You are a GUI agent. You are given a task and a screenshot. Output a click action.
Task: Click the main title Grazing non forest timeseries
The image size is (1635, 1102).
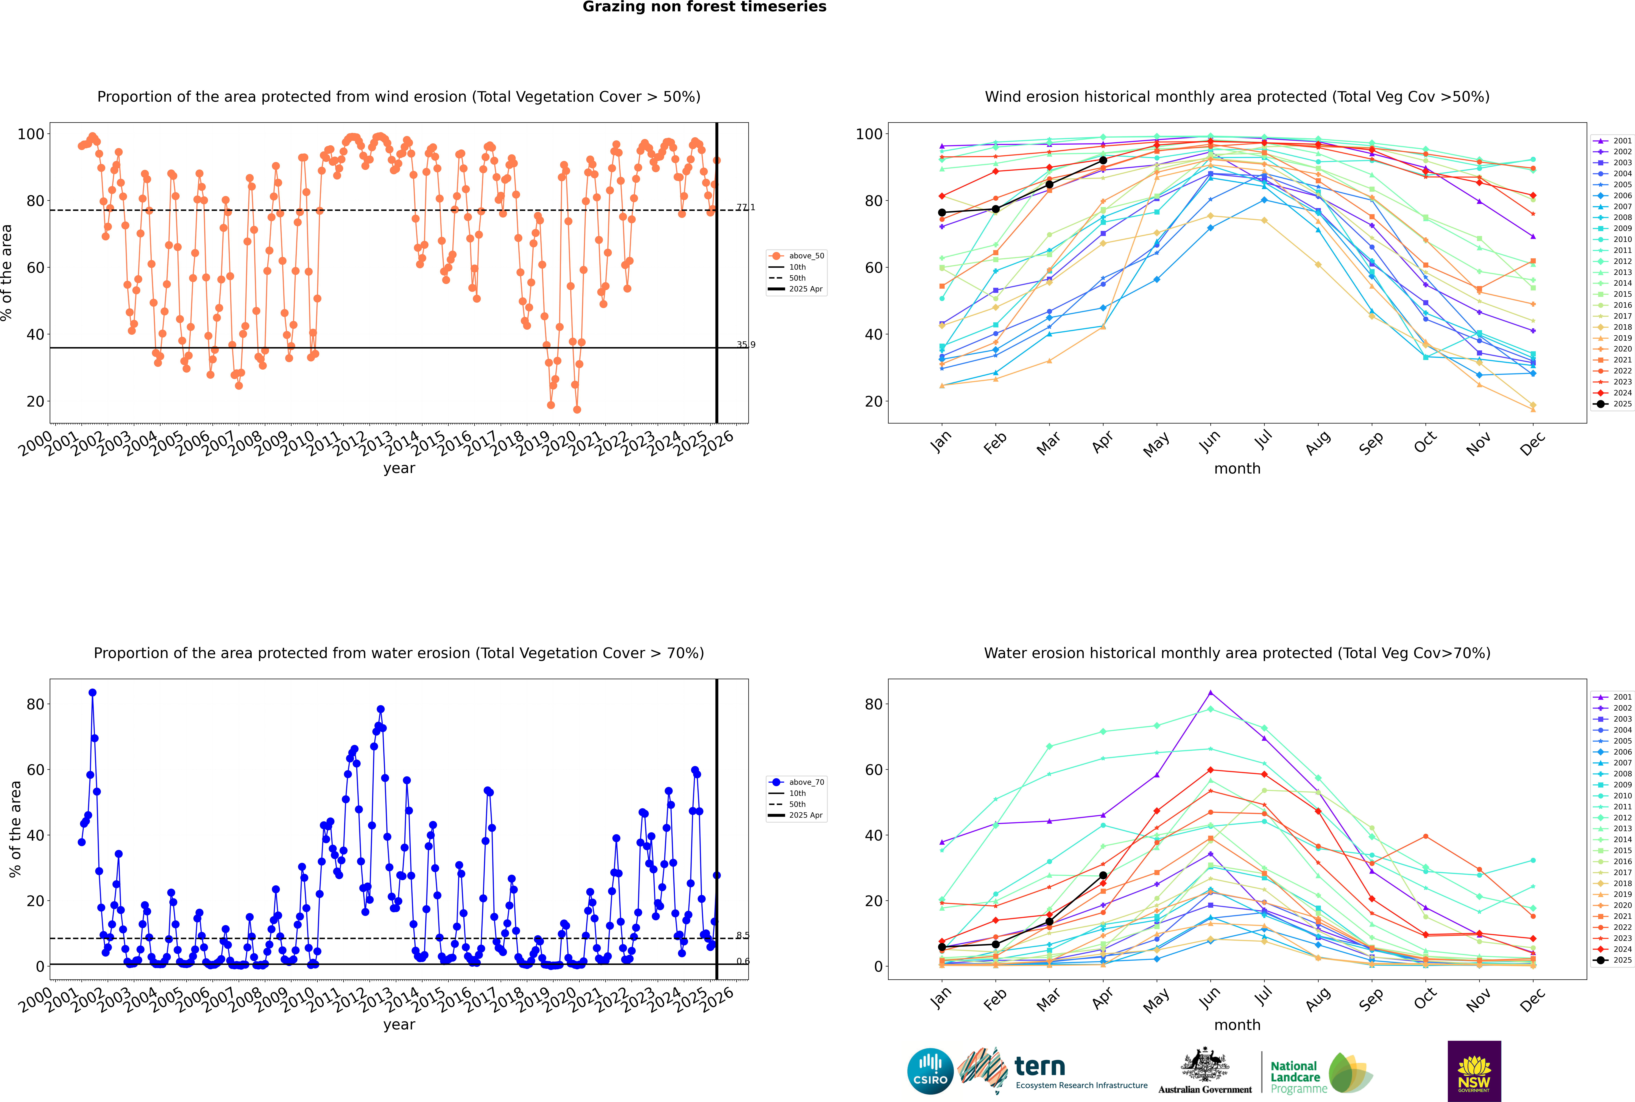coord(704,7)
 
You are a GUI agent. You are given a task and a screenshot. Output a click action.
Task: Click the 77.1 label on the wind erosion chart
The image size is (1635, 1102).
coord(745,207)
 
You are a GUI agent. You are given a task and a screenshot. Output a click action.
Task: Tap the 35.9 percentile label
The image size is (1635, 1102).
coord(745,344)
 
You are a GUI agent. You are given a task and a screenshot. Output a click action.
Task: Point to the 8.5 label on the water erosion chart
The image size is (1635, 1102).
coord(742,935)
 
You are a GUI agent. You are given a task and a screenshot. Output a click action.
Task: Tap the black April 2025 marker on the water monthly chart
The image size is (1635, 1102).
coord(1103,876)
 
